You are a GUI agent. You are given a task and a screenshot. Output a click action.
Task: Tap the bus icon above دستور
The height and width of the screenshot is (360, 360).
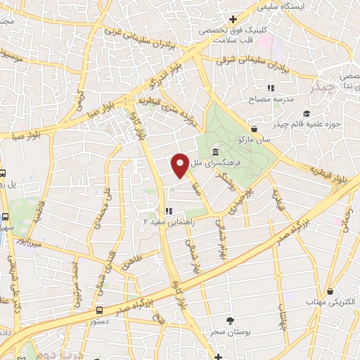tap(99, 309)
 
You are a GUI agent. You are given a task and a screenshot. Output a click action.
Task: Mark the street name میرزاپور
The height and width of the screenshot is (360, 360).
tap(30, 243)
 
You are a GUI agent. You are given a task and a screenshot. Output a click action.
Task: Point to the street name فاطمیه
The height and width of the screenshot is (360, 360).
tap(40, 212)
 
